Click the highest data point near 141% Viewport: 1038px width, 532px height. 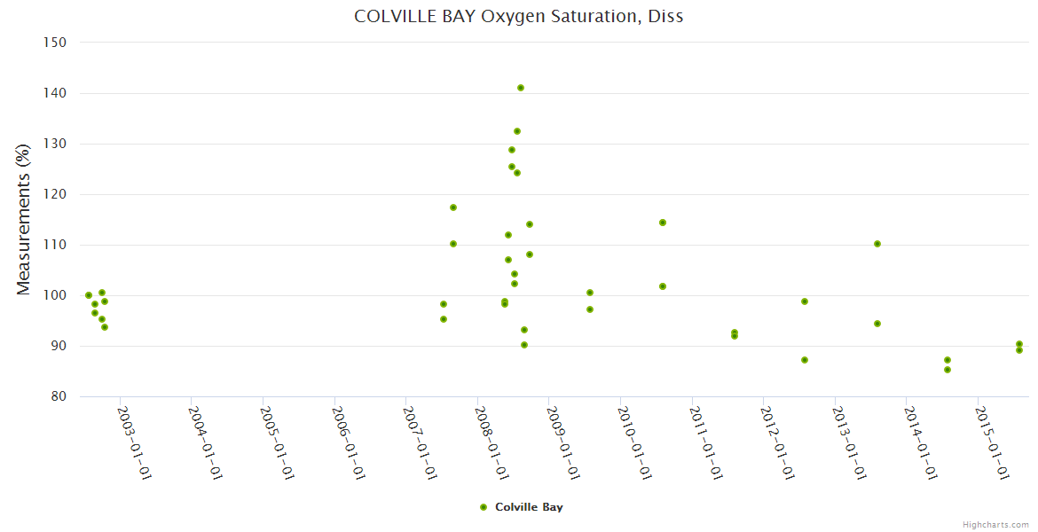[521, 88]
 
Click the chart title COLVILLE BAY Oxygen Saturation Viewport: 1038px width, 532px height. [518, 16]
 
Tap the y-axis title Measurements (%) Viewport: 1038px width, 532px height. [24, 218]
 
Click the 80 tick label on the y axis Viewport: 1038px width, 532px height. [59, 396]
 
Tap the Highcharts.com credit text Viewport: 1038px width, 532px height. [995, 525]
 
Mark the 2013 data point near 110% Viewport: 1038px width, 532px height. [877, 244]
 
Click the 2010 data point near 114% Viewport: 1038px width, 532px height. [663, 223]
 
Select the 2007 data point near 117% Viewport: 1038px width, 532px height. [453, 207]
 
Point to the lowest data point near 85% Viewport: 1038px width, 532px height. [948, 370]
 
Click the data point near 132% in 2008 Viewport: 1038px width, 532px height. [517, 131]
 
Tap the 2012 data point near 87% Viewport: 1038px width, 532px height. [805, 360]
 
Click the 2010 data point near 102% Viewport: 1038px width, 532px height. [663, 286]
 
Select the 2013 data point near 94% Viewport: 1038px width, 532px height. [877, 324]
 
